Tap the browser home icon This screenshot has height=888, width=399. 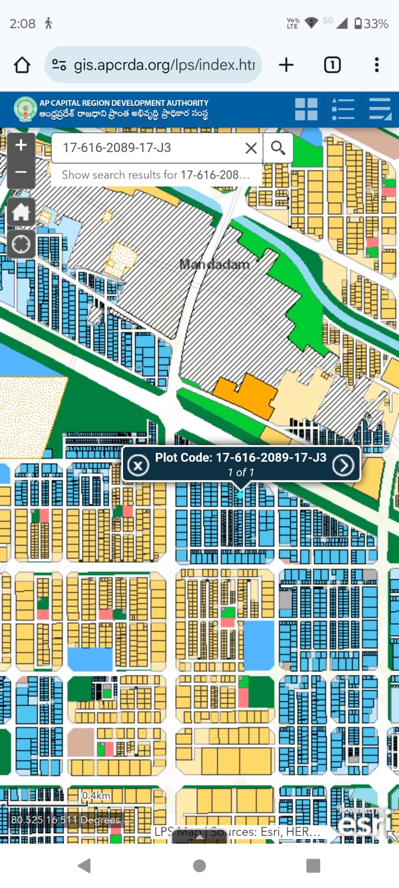pyautogui.click(x=22, y=65)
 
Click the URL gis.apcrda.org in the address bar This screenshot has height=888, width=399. pyautogui.click(x=164, y=65)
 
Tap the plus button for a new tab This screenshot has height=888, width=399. pyautogui.click(x=286, y=65)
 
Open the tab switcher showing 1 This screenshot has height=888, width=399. pyautogui.click(x=332, y=65)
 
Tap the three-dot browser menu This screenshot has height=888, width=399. pyautogui.click(x=377, y=65)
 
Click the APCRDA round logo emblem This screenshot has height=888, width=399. pyautogui.click(x=25, y=109)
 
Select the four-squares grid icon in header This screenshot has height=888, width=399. pyautogui.click(x=306, y=109)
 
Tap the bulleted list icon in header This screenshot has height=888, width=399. pyautogui.click(x=342, y=109)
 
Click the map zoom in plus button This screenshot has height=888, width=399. pyautogui.click(x=21, y=145)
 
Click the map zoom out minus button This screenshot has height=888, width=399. pyautogui.click(x=21, y=173)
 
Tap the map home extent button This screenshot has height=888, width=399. pyautogui.click(x=21, y=212)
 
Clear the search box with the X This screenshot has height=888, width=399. pyautogui.click(x=251, y=148)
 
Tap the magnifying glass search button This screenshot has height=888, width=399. pyautogui.click(x=278, y=148)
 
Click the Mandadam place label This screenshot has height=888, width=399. pyautogui.click(x=214, y=264)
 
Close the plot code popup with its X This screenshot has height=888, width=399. pyautogui.click(x=138, y=465)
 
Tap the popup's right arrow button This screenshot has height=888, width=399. pyautogui.click(x=343, y=465)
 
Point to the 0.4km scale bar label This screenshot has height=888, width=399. pyautogui.click(x=96, y=796)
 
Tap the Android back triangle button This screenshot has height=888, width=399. pyautogui.click(x=85, y=865)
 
